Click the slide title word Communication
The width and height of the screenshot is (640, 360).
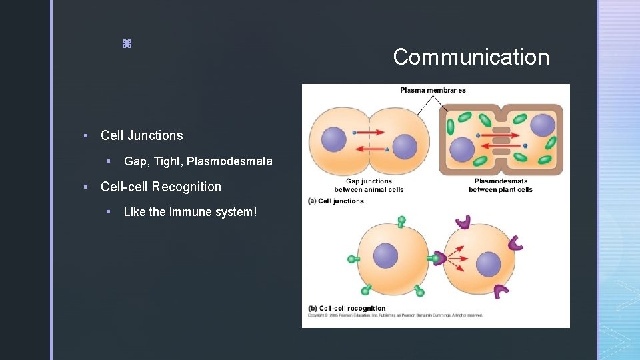point(471,57)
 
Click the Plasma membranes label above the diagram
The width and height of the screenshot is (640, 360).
point(433,90)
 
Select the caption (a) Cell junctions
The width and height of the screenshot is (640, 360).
point(336,201)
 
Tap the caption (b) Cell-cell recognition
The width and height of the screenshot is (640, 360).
point(347,308)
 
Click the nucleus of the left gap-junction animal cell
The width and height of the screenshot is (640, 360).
point(333,139)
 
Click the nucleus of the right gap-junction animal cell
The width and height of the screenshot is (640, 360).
point(404,147)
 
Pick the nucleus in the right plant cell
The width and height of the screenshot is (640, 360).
point(543,125)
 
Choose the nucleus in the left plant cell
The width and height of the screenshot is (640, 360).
point(461,149)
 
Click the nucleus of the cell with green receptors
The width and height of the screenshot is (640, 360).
point(385,255)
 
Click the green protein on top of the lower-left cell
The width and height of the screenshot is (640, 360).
point(401,221)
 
